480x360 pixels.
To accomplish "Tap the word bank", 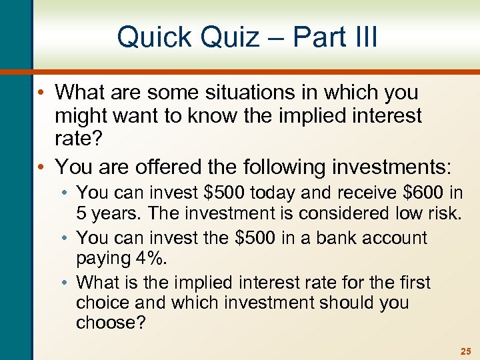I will coord(326,238).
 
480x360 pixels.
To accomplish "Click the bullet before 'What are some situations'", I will coord(41,91).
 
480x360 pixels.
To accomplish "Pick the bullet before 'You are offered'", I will coord(41,165).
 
